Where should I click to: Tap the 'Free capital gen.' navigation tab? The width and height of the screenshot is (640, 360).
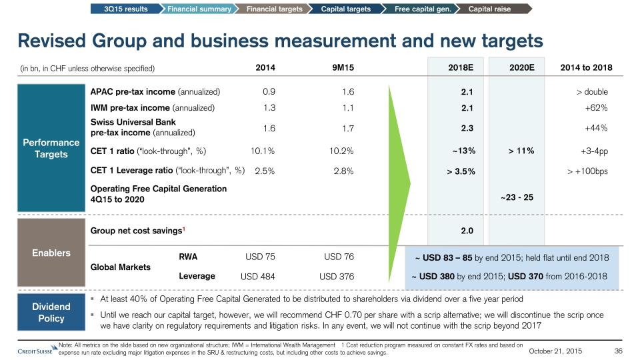click(422, 9)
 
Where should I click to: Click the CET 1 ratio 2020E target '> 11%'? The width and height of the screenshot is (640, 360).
click(520, 151)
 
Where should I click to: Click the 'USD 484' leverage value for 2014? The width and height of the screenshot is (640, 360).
click(258, 277)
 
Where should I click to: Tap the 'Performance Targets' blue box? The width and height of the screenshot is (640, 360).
click(51, 148)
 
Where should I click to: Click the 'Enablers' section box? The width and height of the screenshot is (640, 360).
click(51, 253)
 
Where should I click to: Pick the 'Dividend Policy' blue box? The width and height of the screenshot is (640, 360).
click(51, 313)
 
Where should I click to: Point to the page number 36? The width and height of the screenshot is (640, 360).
click(617, 351)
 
